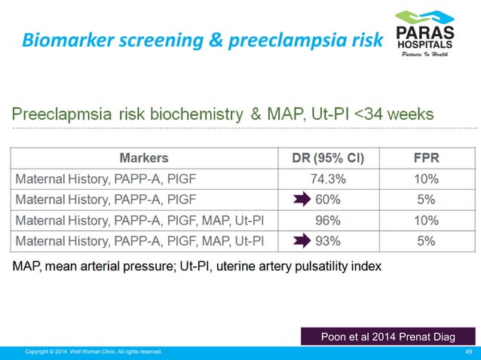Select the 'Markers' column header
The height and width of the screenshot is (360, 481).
(144, 158)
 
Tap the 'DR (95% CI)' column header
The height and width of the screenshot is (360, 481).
(328, 158)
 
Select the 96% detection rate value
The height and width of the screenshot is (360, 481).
(328, 221)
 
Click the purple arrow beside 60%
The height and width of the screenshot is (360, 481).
(302, 200)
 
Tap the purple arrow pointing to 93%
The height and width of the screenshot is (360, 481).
(302, 241)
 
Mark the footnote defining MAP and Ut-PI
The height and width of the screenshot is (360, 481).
(196, 266)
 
